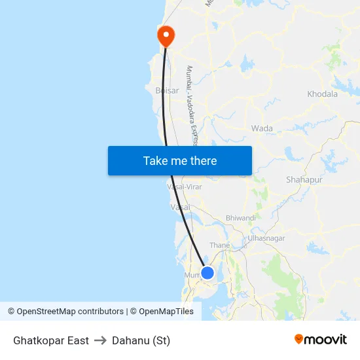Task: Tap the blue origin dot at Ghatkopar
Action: [207, 273]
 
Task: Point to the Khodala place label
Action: [322, 94]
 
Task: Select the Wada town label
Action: [262, 128]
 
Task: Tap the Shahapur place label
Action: [304, 179]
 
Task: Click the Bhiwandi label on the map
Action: [240, 217]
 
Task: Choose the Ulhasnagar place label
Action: [266, 238]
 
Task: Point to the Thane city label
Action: [220, 245]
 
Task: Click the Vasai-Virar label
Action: [185, 187]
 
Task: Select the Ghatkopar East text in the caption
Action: [51, 340]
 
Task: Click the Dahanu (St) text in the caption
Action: [141, 340]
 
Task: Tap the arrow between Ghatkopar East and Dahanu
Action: [100, 340]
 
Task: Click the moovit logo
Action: [320, 340]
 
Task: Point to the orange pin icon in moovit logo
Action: [299, 339]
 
